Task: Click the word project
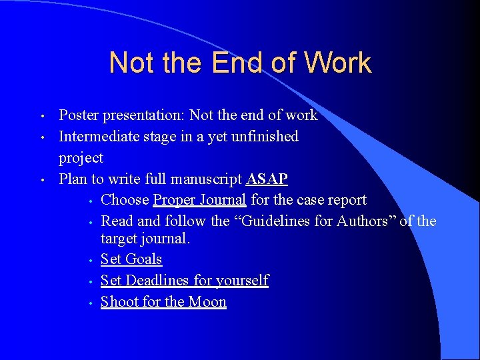pyautogui.click(x=81, y=159)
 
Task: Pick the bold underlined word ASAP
pyautogui.click(x=267, y=179)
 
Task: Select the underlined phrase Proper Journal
pyautogui.click(x=200, y=200)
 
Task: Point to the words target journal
pyautogui.click(x=145, y=239)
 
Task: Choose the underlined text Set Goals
pyautogui.click(x=131, y=259)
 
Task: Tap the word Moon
pyautogui.click(x=207, y=302)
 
